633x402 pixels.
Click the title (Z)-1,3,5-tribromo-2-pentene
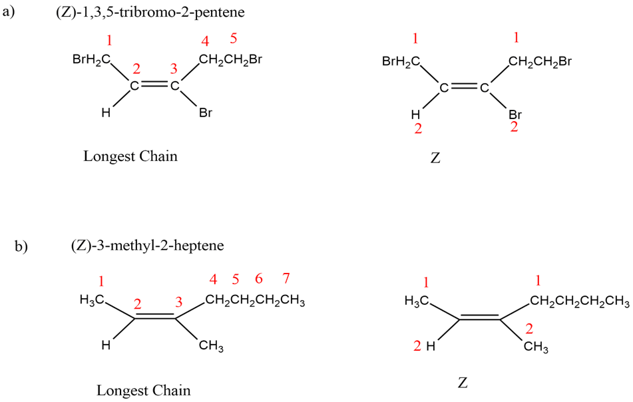click(x=150, y=12)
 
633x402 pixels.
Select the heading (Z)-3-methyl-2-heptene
click(x=147, y=246)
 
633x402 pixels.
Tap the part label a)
click(x=9, y=11)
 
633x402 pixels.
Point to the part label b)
click(x=21, y=246)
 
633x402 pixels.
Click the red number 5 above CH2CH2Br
click(x=234, y=39)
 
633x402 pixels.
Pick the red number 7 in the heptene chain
click(x=286, y=278)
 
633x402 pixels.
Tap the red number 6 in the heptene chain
click(x=259, y=278)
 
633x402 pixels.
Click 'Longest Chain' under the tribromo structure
click(x=130, y=156)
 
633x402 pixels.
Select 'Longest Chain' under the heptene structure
click(x=143, y=390)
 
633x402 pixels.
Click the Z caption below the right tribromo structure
click(x=435, y=158)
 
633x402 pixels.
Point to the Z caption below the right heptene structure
click(x=463, y=382)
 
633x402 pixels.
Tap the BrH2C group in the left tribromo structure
click(x=92, y=60)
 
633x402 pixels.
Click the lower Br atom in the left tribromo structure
click(x=206, y=112)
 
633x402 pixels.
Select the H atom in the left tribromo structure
click(x=106, y=112)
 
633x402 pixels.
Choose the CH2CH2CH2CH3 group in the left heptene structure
click(x=255, y=301)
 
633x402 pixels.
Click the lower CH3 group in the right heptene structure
click(x=536, y=347)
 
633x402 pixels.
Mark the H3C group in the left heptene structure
click(x=93, y=300)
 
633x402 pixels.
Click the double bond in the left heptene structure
click(x=155, y=316)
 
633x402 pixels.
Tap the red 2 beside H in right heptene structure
click(x=417, y=345)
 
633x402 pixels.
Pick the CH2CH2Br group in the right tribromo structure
click(x=540, y=61)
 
